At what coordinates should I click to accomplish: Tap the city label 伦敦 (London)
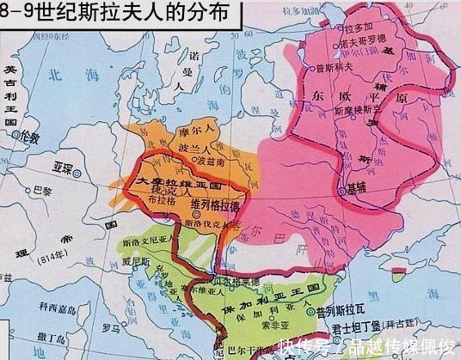point(31,137)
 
